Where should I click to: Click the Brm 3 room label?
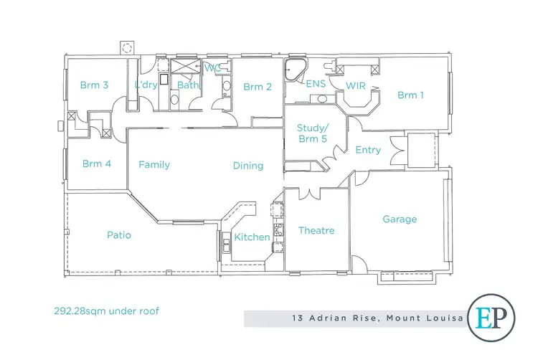(x=94, y=85)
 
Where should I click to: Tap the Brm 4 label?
(x=97, y=164)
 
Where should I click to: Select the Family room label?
(x=154, y=165)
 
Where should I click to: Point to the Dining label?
(x=248, y=166)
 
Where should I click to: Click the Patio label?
(x=119, y=235)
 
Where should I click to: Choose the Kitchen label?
(x=253, y=237)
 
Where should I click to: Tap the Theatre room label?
(x=316, y=230)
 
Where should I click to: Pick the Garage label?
(x=400, y=219)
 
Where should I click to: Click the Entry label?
(x=369, y=150)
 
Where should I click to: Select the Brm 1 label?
(x=411, y=95)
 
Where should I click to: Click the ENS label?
(x=316, y=84)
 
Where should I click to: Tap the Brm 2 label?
(x=258, y=87)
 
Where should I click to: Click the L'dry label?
(x=146, y=85)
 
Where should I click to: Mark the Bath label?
(x=187, y=85)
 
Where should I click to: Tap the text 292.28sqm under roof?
(x=106, y=311)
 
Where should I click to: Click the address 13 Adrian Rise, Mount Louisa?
(x=376, y=318)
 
